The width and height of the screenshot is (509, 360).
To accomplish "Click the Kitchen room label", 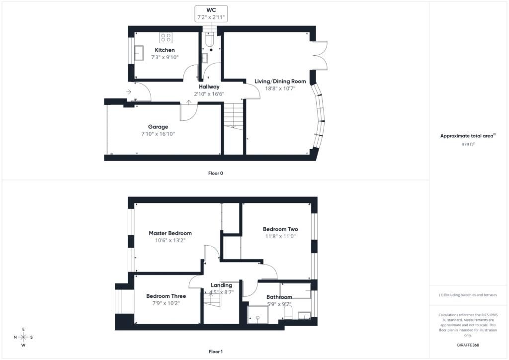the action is tap(165, 50).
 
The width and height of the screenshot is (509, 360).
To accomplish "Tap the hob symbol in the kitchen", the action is tap(166, 37).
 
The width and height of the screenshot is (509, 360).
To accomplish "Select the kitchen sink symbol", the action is tap(139, 53).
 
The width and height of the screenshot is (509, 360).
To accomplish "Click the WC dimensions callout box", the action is tap(211, 13).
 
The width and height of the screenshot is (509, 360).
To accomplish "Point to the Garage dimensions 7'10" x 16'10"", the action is tap(158, 134).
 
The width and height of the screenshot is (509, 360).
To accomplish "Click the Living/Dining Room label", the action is tap(280, 81).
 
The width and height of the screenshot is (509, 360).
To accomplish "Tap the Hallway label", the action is tap(209, 87).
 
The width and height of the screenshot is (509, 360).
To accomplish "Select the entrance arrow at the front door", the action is tap(129, 92).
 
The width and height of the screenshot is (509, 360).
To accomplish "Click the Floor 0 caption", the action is tap(216, 174).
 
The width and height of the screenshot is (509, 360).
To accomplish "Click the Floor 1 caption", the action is tap(216, 352).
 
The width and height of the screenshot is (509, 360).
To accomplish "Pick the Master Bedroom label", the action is tap(170, 233).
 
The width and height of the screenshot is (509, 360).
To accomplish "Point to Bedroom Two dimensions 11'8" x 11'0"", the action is tap(280, 236).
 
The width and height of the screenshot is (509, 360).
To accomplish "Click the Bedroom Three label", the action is tap(166, 296).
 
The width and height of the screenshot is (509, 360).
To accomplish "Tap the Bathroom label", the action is tap(279, 297).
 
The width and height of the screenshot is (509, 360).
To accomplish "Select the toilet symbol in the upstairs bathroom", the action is tap(288, 312).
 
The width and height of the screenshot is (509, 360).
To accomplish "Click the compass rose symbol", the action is tap(23, 337).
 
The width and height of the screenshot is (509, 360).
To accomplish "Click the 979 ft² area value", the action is tap(468, 144).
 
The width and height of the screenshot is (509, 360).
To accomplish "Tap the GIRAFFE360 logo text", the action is tap(468, 345).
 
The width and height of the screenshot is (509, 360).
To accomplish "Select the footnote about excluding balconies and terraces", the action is tap(468, 295).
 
